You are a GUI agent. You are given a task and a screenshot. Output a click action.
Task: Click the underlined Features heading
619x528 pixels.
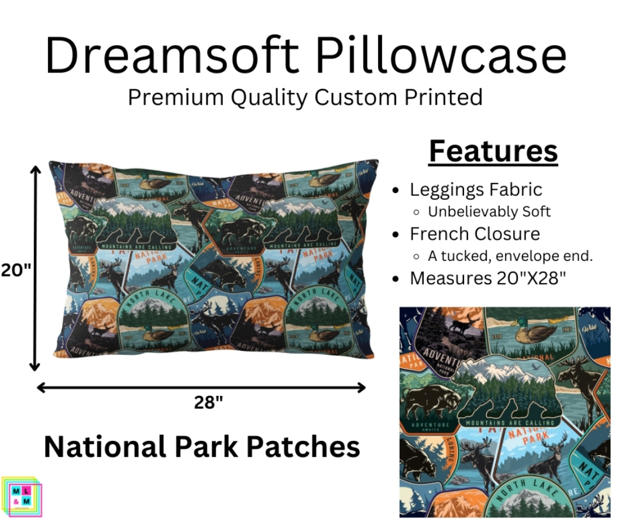pos(493,151)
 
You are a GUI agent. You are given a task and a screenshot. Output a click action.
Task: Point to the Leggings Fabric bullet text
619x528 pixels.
pos(476,189)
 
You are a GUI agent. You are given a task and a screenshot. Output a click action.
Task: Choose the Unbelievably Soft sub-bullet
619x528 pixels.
pos(489,212)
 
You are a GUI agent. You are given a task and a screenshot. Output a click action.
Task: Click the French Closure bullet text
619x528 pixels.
pos(474,234)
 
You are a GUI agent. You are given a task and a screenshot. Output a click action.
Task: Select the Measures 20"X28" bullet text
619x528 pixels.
pos(488,278)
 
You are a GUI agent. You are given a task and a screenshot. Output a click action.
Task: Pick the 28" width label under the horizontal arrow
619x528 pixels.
pos(208,402)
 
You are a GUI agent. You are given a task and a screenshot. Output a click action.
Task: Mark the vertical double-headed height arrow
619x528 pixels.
pos(36,268)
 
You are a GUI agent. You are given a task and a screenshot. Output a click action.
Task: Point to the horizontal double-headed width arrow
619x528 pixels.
pos(201,387)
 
